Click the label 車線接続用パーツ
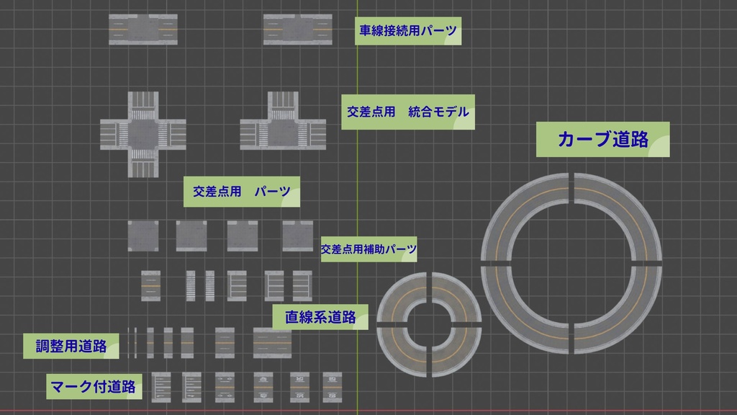(408, 32)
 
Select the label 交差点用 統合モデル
(407, 112)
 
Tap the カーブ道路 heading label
(603, 140)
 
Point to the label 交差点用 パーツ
(242, 192)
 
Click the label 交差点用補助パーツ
(368, 249)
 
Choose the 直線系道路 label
(320, 317)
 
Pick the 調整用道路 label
(71, 346)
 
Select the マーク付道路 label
(93, 386)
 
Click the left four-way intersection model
(143, 134)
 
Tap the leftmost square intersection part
(143, 236)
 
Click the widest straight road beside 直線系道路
(272, 342)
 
